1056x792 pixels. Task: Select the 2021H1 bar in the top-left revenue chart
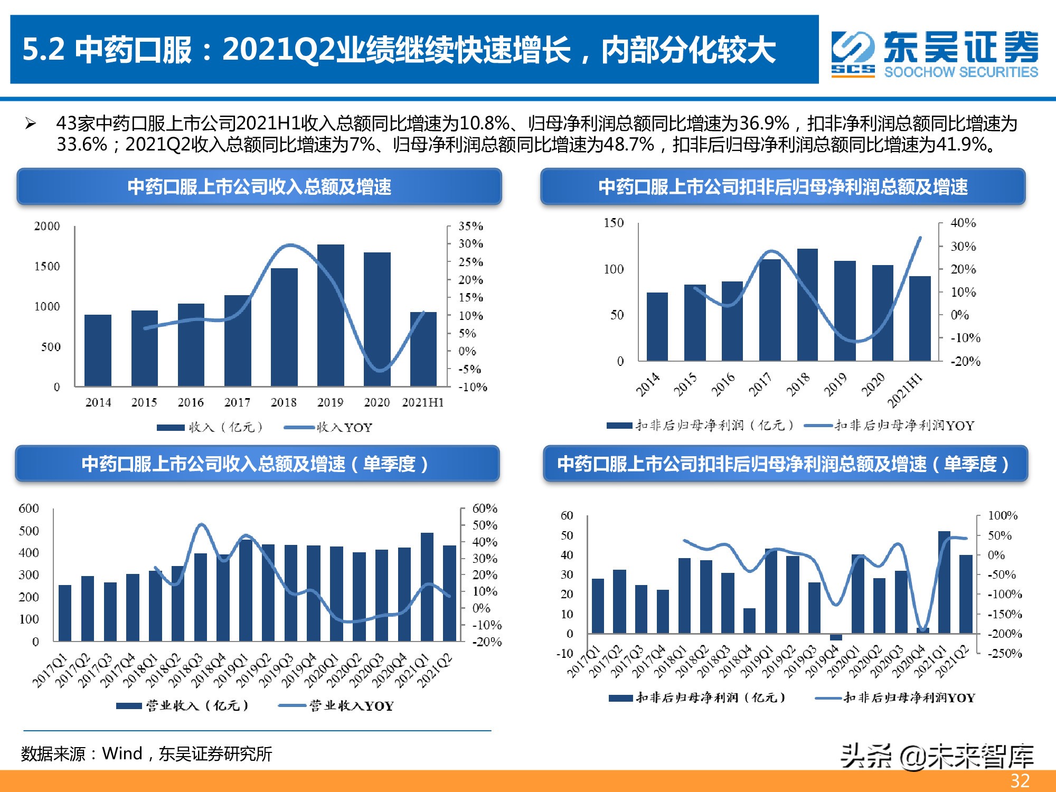coord(423,349)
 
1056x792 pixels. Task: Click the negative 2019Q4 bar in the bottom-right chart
coord(836,637)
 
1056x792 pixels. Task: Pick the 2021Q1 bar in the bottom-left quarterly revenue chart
coord(427,587)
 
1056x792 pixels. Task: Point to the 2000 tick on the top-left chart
coord(47,226)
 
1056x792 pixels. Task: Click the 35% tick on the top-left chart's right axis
coord(470,226)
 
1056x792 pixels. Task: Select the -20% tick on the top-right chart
coord(965,361)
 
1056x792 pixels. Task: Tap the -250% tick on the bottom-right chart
coord(1005,653)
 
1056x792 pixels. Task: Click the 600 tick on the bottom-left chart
coord(29,508)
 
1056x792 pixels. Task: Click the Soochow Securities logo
coord(935,54)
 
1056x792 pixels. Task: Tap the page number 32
coord(1020,780)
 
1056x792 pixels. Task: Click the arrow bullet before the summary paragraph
coord(31,124)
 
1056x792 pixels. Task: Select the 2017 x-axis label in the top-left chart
coord(237,402)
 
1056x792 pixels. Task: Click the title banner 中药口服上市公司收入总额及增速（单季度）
coord(257,464)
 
